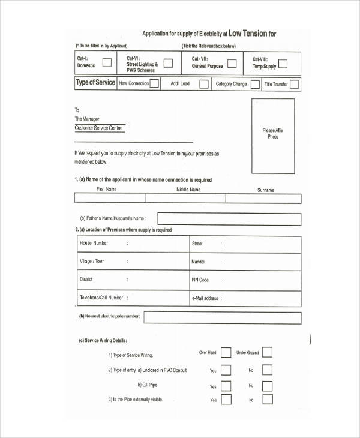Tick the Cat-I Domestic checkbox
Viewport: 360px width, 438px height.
coord(107,62)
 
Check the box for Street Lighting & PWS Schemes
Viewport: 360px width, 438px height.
coord(169,62)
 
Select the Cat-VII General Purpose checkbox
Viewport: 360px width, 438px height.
coord(232,62)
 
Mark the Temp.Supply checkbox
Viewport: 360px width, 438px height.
coord(283,63)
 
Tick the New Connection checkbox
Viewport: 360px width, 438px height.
coord(154,84)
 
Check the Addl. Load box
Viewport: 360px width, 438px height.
coord(204,84)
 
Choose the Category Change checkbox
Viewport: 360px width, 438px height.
coord(253,84)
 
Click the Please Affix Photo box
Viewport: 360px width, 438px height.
coord(273,136)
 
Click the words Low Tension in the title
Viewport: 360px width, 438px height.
coord(251,33)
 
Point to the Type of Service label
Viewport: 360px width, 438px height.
coord(95,83)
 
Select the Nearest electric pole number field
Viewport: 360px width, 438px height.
coord(222,317)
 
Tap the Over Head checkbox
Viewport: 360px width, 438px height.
coord(226,353)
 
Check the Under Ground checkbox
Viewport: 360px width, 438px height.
coord(267,353)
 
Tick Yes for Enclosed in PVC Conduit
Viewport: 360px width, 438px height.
coord(226,370)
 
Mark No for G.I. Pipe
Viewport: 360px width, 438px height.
coord(267,385)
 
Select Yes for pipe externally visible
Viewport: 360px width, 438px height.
coord(226,400)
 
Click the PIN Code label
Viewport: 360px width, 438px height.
coord(200,280)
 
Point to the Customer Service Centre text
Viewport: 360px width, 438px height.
coord(100,128)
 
